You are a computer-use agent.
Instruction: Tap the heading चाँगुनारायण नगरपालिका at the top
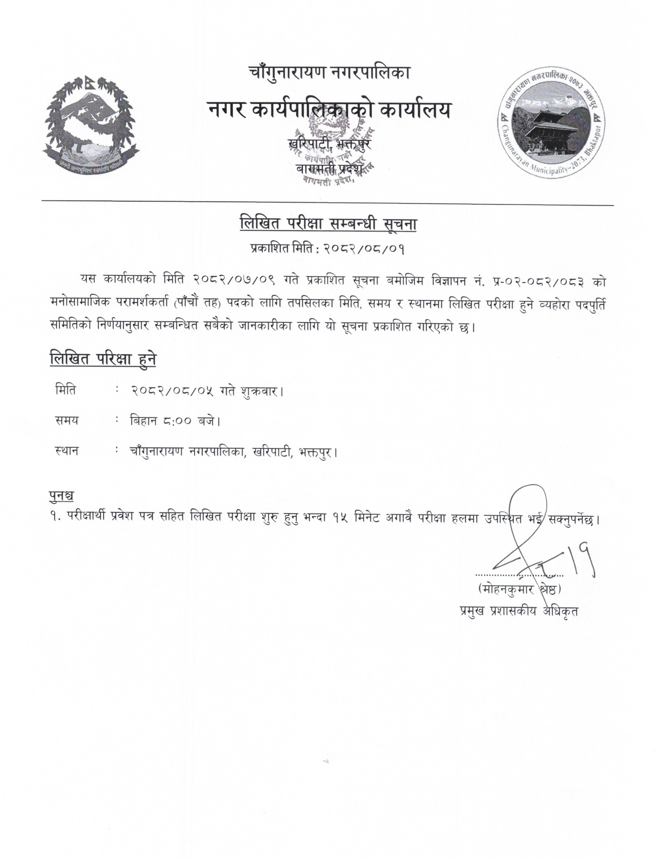329,73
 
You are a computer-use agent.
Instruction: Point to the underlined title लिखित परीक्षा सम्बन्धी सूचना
328,225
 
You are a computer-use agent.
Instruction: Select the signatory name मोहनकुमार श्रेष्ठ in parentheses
519,590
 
